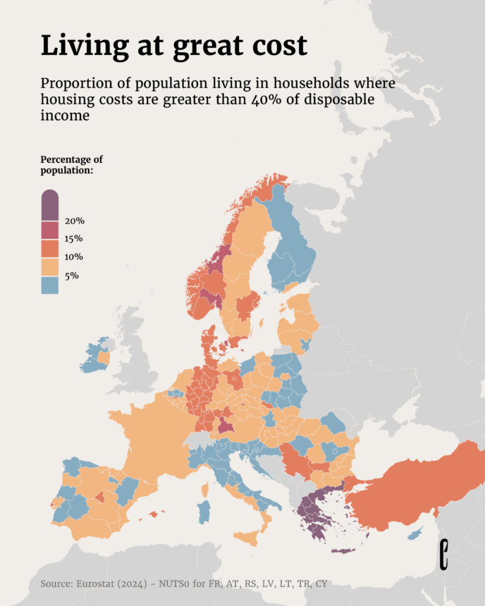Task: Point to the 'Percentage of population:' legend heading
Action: click(x=71, y=165)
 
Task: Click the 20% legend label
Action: click(x=74, y=221)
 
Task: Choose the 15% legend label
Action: click(x=74, y=239)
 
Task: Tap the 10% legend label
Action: click(x=74, y=257)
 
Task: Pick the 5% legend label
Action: click(x=71, y=276)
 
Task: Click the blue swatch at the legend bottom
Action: click(x=49, y=285)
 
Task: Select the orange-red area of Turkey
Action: click(x=416, y=486)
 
